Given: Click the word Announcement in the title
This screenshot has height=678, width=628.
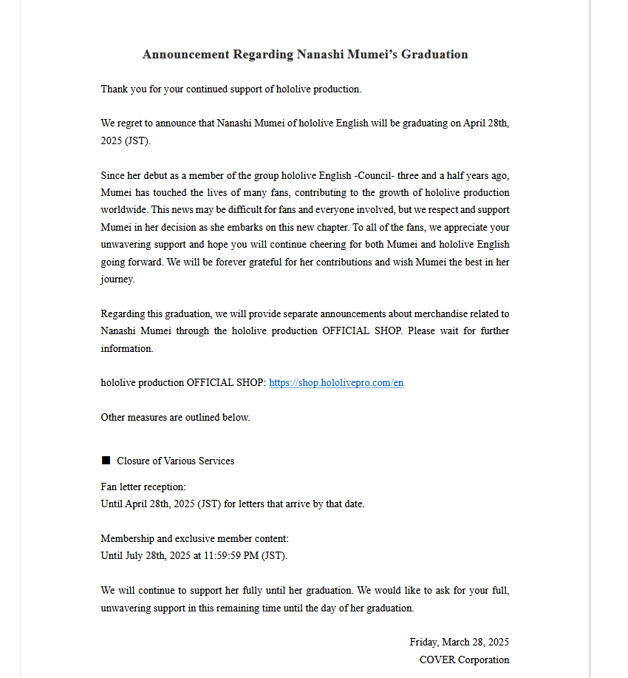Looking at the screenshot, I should tap(185, 55).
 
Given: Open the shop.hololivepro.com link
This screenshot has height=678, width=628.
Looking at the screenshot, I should tap(336, 383).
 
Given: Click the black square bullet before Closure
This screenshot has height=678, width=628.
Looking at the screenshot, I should tap(106, 461).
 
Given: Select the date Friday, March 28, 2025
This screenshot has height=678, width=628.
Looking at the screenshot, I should tap(459, 643).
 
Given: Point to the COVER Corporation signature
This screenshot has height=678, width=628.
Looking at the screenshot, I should tap(464, 660).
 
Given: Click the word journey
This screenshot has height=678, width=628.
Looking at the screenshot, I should tap(117, 279).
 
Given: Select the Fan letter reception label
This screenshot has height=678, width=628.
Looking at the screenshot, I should tap(143, 487).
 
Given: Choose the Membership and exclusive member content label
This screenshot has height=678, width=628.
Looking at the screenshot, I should tap(194, 539).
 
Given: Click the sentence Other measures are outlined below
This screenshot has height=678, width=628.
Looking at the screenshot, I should tap(175, 418).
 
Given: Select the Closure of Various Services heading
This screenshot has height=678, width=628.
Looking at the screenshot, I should tap(175, 461).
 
